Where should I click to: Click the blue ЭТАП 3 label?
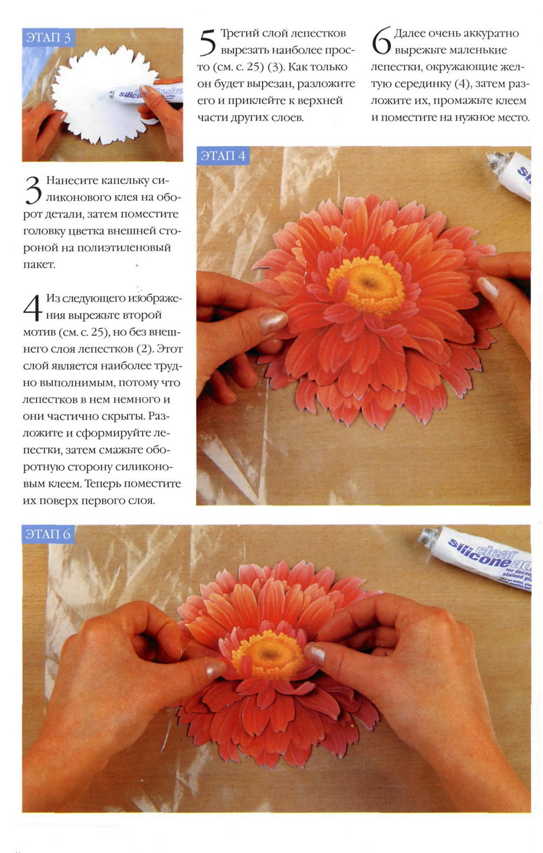(x=48, y=38)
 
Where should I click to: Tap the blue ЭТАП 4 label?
(x=223, y=156)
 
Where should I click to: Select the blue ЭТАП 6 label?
(x=48, y=534)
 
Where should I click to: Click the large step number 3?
(x=33, y=190)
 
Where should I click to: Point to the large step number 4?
(x=33, y=308)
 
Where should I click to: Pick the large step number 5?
(x=208, y=43)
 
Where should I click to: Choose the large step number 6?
(x=381, y=41)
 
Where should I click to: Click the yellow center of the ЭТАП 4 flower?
(x=366, y=286)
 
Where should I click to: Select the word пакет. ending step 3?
(x=39, y=265)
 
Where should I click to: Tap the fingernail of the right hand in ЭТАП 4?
(x=488, y=287)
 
